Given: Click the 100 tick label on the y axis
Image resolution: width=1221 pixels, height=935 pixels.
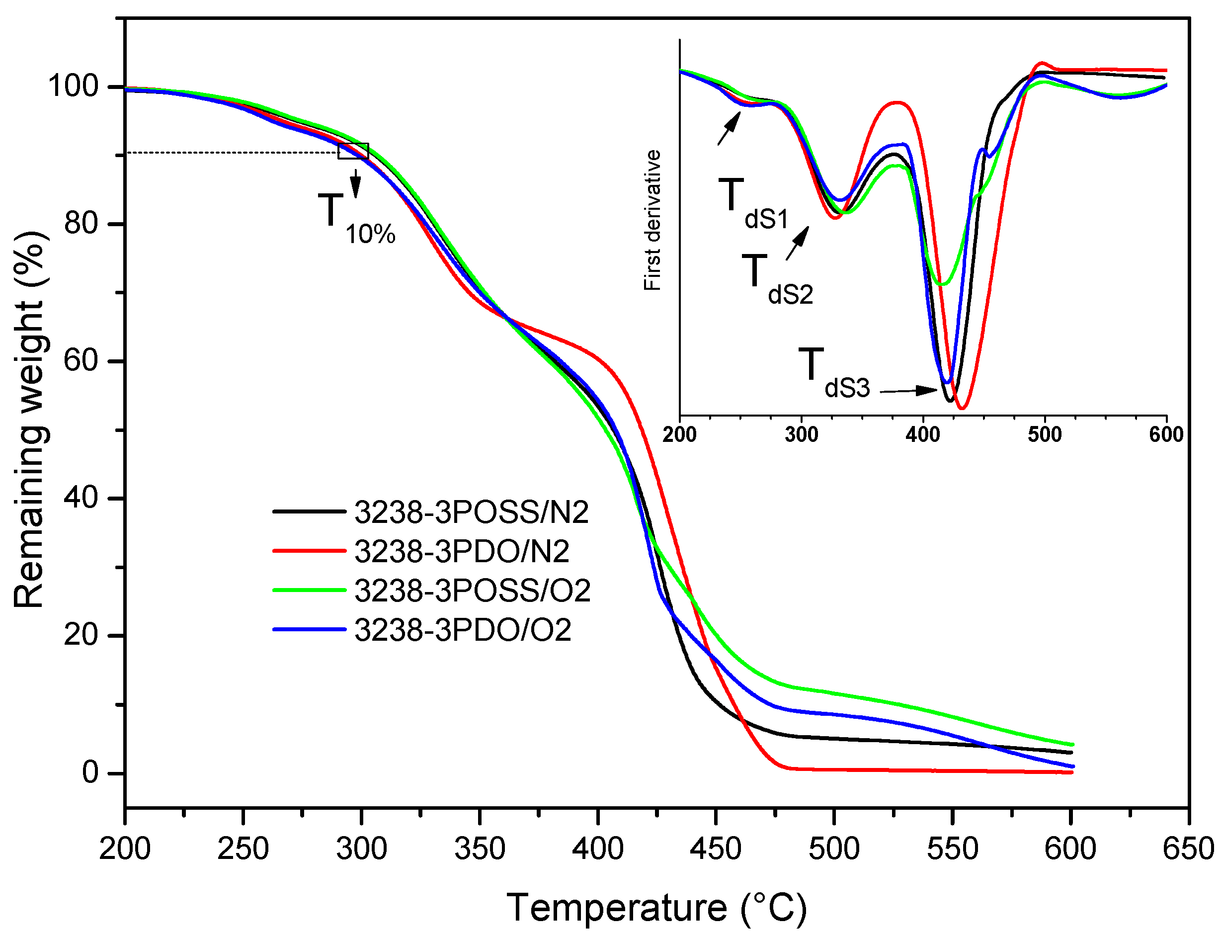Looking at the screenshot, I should (73, 86).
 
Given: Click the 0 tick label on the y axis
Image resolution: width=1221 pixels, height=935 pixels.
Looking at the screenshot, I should (90, 772).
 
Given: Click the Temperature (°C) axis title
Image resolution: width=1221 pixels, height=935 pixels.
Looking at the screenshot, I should (656, 908).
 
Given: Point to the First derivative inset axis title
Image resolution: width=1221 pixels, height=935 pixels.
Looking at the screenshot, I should (652, 220).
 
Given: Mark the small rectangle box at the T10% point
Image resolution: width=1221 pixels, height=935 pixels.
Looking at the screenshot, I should (353, 151).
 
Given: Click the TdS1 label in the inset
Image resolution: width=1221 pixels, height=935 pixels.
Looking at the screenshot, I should (752, 204).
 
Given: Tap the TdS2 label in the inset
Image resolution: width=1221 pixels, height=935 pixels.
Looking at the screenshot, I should (777, 279).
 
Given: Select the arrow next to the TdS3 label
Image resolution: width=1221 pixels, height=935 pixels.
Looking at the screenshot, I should (908, 391).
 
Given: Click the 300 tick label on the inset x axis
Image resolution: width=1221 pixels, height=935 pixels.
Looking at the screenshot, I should (801, 434).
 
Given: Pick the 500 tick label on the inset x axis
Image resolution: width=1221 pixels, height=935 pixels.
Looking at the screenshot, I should (1044, 434).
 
